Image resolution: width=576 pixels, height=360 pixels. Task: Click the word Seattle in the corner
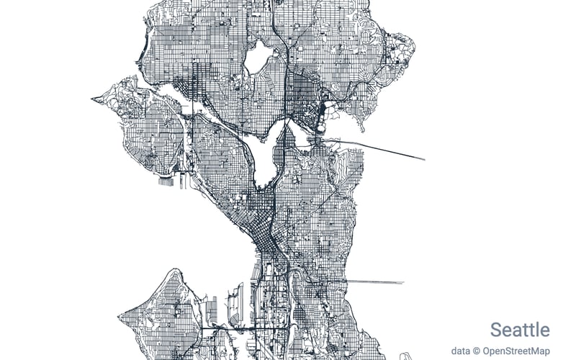point(520,330)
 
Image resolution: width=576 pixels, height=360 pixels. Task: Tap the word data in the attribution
point(460,351)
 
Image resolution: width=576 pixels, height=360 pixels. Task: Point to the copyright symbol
point(477,351)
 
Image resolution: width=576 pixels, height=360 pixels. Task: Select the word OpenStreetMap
point(516,351)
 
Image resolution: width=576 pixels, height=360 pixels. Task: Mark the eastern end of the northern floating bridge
point(424,159)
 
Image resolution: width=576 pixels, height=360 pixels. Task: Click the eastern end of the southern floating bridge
point(404,282)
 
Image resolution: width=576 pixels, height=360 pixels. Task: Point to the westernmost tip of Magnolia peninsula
point(93,99)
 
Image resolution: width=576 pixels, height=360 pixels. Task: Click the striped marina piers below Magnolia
point(167,180)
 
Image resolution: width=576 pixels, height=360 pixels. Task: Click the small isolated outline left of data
point(405,356)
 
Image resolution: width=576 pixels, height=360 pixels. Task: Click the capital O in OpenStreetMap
point(487,351)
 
